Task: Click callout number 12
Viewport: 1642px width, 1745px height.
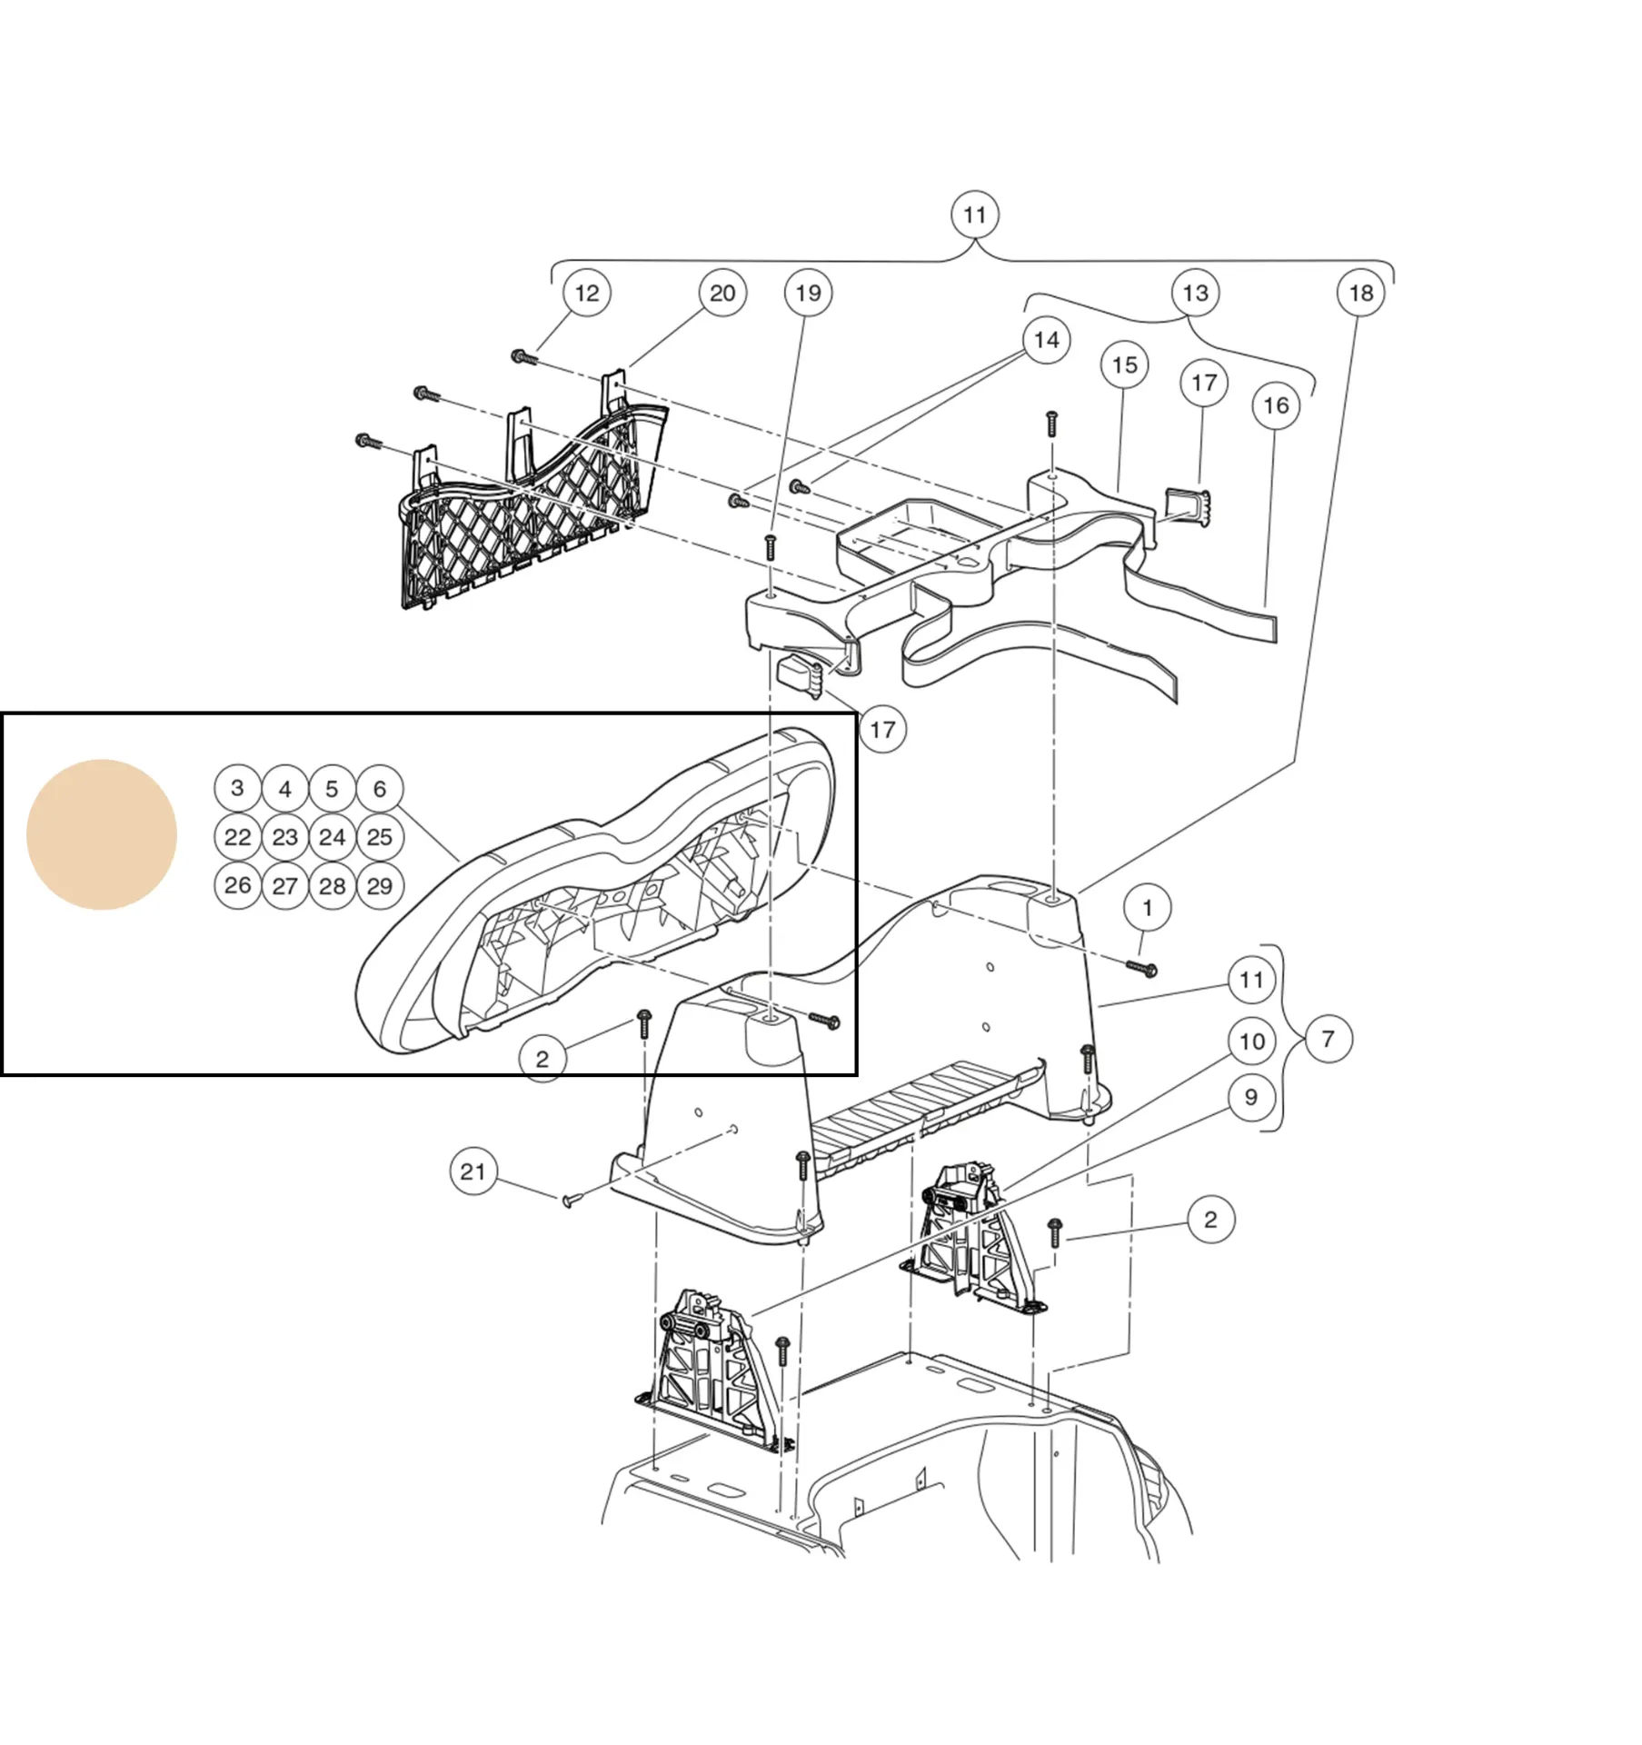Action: pos(587,294)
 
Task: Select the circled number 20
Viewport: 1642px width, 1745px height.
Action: pos(722,294)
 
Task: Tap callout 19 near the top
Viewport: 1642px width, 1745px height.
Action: pos(808,294)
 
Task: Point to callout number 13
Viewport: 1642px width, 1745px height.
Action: pos(1195,294)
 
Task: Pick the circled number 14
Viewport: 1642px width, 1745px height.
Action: pos(1046,340)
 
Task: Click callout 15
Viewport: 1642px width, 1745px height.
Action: pos(1124,365)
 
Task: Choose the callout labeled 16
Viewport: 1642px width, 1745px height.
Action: pos(1276,405)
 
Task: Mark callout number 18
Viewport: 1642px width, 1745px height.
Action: pos(1360,294)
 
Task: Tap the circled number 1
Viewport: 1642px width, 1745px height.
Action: pos(1147,908)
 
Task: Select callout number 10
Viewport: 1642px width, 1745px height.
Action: pos(1251,1042)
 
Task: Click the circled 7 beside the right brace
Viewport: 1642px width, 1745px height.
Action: pos(1328,1039)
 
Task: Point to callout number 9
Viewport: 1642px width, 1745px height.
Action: pos(1250,1098)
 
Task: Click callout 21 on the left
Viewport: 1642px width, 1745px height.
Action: pos(473,1172)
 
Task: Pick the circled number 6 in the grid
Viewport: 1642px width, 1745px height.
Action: pos(379,789)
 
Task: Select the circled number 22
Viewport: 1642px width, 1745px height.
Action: pos(238,837)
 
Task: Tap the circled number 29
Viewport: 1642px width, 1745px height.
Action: pos(379,885)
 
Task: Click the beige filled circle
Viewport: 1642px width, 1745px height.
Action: pos(101,834)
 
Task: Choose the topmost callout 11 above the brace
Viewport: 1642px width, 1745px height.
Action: pos(974,215)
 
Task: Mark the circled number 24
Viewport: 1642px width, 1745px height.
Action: pos(332,837)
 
